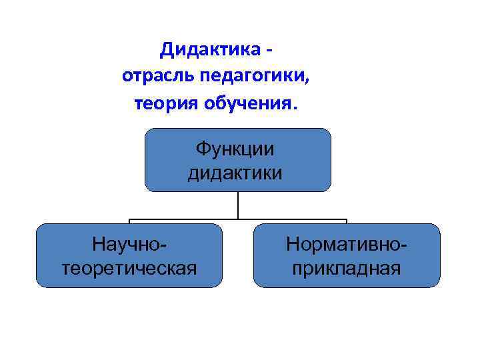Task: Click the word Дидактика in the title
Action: click(210, 49)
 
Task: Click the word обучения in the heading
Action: click(251, 103)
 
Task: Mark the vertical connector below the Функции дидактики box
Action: click(238, 205)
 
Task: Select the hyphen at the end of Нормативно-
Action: click(405, 245)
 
